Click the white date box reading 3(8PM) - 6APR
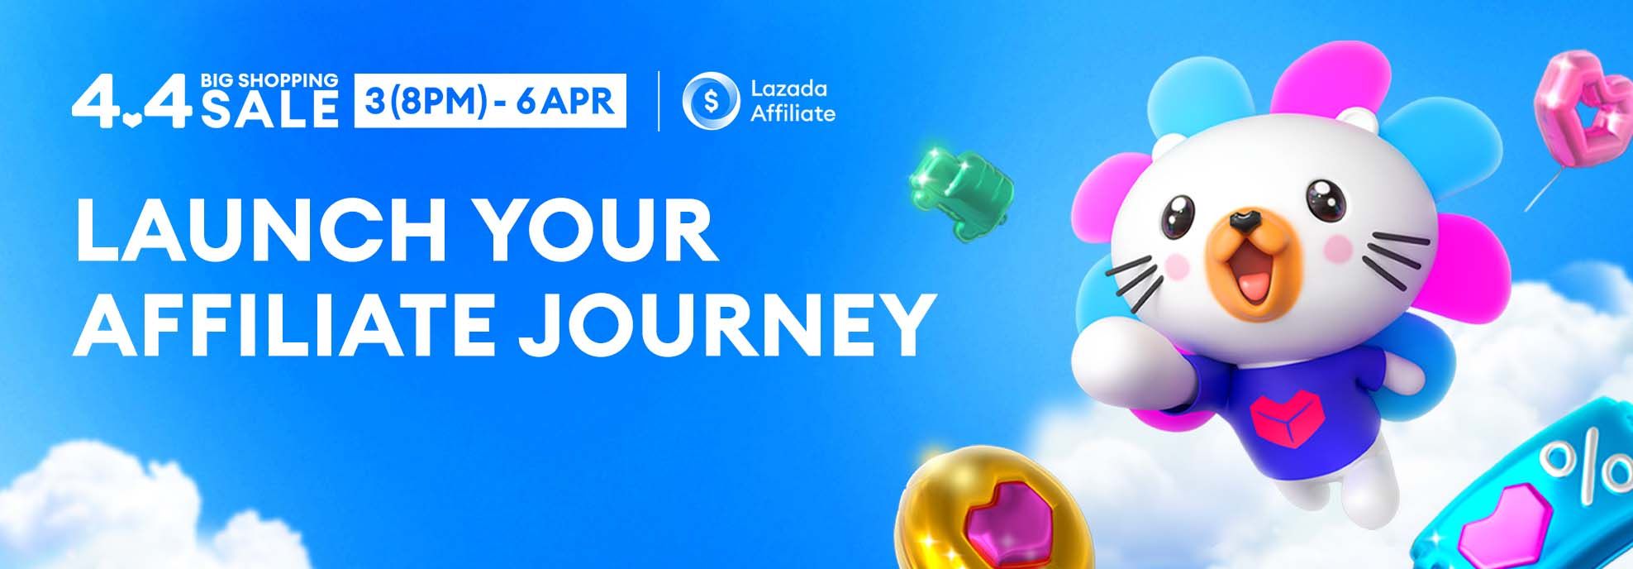[x=490, y=101]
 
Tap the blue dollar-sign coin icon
[x=710, y=101]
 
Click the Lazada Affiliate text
[x=793, y=101]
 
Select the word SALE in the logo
[x=269, y=109]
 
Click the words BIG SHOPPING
[x=269, y=80]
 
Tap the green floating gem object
[x=960, y=183]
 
